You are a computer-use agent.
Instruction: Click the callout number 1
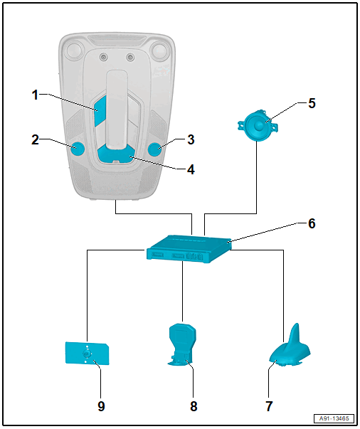pyautogui.click(x=35, y=95)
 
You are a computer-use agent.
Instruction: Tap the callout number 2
pyautogui.click(x=35, y=139)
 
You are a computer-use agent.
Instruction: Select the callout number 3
pyautogui.click(x=191, y=139)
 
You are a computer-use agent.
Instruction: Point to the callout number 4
pyautogui.click(x=191, y=169)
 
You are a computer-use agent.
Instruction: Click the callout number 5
pyautogui.click(x=312, y=103)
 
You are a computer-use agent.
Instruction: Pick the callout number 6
pyautogui.click(x=312, y=223)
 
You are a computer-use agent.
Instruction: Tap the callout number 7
pyautogui.click(x=269, y=406)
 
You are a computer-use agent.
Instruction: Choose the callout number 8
pyautogui.click(x=194, y=406)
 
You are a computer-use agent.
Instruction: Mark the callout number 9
pyautogui.click(x=101, y=406)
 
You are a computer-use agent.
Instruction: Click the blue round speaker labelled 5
pyautogui.click(x=258, y=126)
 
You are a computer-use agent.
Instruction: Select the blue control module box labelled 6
pyautogui.click(x=189, y=249)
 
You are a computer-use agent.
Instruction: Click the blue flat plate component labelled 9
pyautogui.click(x=87, y=354)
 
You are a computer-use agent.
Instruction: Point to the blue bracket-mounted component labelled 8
pyautogui.click(x=182, y=344)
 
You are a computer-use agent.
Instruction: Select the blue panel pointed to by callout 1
pyautogui.click(x=100, y=111)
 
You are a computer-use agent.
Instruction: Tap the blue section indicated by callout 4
pyautogui.click(x=116, y=154)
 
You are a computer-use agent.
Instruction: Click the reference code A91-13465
pyautogui.click(x=334, y=418)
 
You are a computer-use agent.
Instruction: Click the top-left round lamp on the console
pyautogui.click(x=74, y=49)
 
